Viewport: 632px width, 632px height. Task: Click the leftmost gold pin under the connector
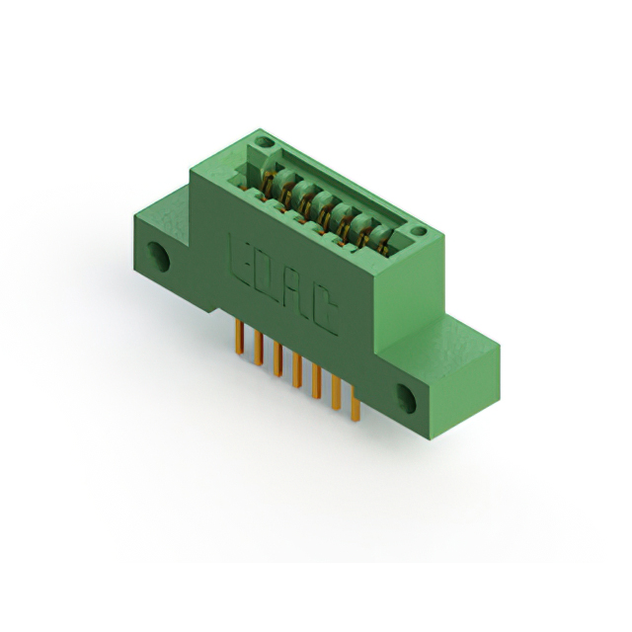click(x=239, y=338)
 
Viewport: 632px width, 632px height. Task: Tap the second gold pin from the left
click(x=259, y=349)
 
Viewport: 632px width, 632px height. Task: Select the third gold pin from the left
click(x=277, y=359)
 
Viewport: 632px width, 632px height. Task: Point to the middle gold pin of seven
click(x=297, y=370)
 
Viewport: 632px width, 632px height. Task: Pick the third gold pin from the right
click(x=316, y=381)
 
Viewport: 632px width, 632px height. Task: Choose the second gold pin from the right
click(x=336, y=393)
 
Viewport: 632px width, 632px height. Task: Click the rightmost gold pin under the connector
click(x=355, y=404)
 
